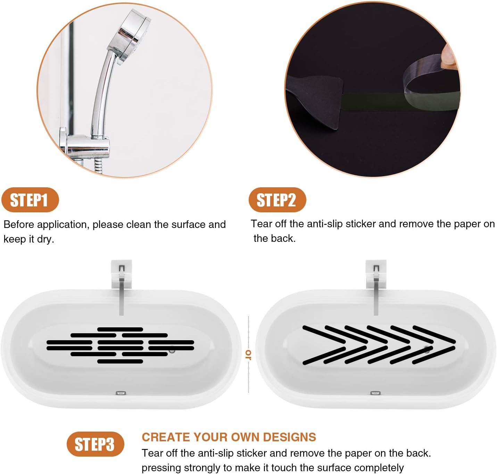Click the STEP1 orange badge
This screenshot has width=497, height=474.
[x=30, y=200]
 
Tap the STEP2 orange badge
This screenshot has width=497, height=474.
[x=277, y=200]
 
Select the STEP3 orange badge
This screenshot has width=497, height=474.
[x=95, y=444]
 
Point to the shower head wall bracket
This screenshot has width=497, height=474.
[x=85, y=146]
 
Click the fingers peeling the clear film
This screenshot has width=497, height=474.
[x=449, y=56]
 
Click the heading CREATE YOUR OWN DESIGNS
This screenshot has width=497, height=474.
[x=229, y=437]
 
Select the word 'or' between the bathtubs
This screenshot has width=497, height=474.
[x=248, y=354]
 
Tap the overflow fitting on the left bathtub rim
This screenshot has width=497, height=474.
[x=121, y=393]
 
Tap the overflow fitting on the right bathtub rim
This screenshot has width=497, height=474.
[x=375, y=393]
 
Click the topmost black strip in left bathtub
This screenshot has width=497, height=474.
[x=120, y=329]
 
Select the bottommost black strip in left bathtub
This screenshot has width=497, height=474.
[x=120, y=361]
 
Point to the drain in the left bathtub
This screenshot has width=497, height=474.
[x=172, y=350]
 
